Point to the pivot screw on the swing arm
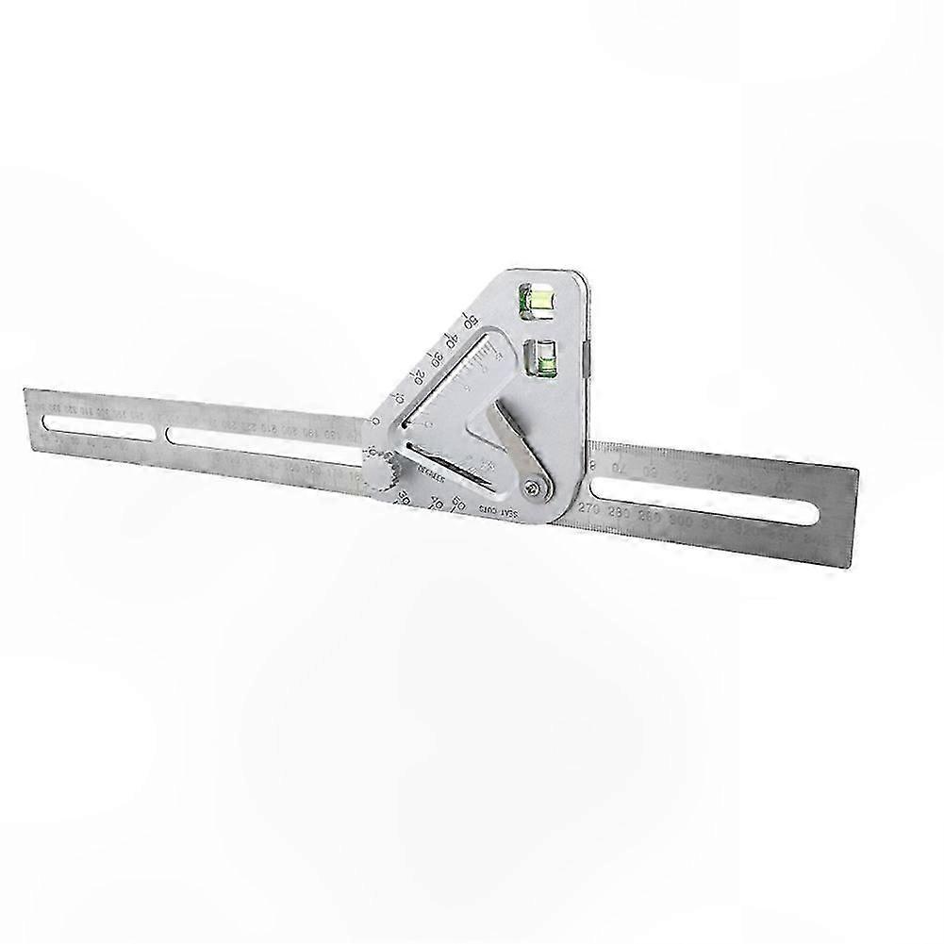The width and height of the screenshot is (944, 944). (535, 487)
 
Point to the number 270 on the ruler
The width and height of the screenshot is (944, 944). (590, 510)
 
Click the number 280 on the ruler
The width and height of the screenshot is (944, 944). (623, 514)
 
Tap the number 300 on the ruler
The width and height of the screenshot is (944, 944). (686, 521)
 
